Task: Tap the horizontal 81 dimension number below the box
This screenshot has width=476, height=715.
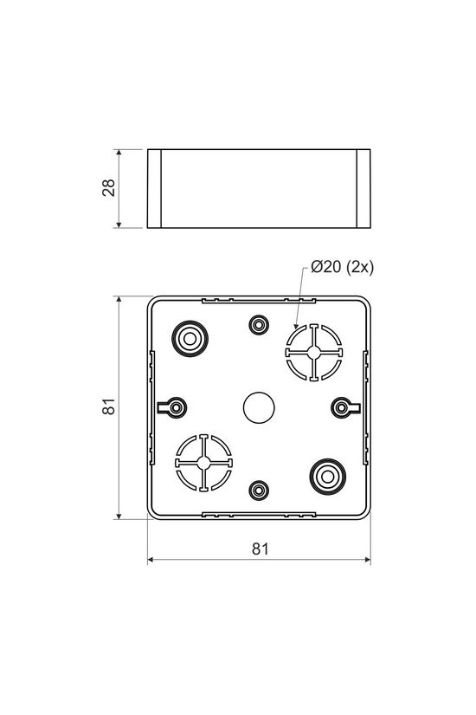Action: [x=261, y=548]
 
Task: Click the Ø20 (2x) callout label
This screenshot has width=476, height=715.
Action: [x=342, y=268]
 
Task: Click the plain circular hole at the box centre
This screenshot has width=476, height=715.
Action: [x=259, y=406]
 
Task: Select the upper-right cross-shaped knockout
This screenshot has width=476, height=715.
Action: [x=314, y=353]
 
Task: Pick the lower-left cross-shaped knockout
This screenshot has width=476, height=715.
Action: [x=204, y=463]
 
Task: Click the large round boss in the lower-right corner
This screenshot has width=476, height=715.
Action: [x=328, y=475]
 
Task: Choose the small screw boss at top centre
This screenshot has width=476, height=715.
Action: [x=258, y=325]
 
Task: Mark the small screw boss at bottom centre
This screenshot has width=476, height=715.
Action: [x=258, y=490]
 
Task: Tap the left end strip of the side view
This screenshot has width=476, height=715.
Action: [x=156, y=189]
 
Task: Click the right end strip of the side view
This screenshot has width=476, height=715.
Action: [x=363, y=189]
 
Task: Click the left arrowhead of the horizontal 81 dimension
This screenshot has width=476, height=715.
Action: [x=152, y=561]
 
